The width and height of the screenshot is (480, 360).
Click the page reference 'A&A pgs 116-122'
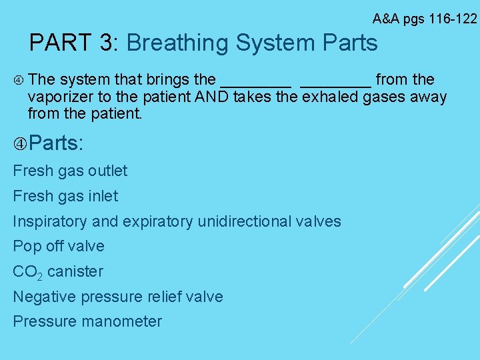[x=425, y=18]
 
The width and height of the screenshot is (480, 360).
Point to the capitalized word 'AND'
[x=212, y=97]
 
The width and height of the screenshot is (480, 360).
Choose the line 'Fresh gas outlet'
[x=70, y=171]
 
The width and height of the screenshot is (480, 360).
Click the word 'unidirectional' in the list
[x=247, y=221]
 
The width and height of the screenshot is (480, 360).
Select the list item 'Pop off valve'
[x=59, y=246]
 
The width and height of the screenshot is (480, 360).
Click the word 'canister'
[x=75, y=271]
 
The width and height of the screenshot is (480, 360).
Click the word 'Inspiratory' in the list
[x=52, y=221]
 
